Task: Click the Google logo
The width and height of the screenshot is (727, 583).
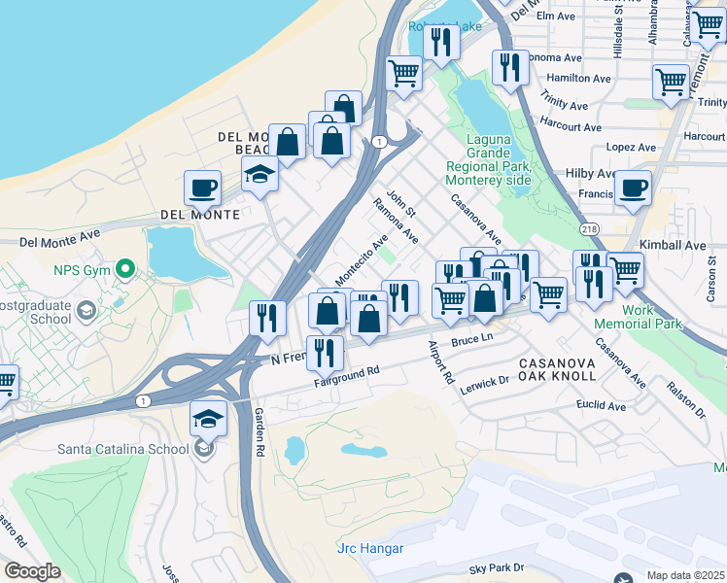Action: coord(32,570)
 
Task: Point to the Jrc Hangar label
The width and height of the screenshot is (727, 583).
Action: coord(369,548)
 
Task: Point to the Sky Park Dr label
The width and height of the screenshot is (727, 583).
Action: coord(496,566)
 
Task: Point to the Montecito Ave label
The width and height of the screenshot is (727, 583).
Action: coord(361,259)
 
